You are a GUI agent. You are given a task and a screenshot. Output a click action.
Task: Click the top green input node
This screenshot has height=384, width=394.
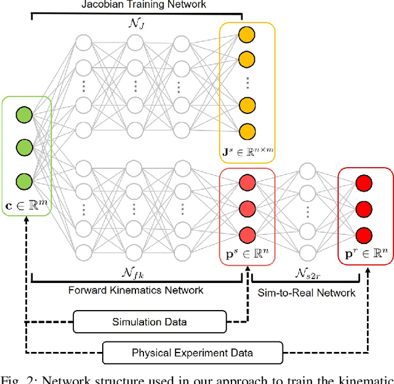pyautogui.click(x=24, y=115)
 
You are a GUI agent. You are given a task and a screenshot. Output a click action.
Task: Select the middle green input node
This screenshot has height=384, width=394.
pyautogui.click(x=24, y=148)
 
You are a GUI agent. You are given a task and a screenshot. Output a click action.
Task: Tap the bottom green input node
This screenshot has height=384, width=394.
pyautogui.click(x=24, y=181)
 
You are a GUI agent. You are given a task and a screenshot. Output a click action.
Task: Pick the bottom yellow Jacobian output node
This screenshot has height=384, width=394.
pyautogui.click(x=246, y=131)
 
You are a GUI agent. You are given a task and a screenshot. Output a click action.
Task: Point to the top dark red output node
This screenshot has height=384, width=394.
pyautogui.click(x=364, y=183)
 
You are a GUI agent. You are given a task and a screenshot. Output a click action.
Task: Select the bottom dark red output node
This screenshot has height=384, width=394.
pyautogui.click(x=364, y=235)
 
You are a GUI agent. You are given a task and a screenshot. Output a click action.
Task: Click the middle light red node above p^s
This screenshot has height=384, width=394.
pyautogui.click(x=246, y=208)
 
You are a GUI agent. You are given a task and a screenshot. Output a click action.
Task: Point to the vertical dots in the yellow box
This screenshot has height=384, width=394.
pyautogui.click(x=246, y=83)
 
